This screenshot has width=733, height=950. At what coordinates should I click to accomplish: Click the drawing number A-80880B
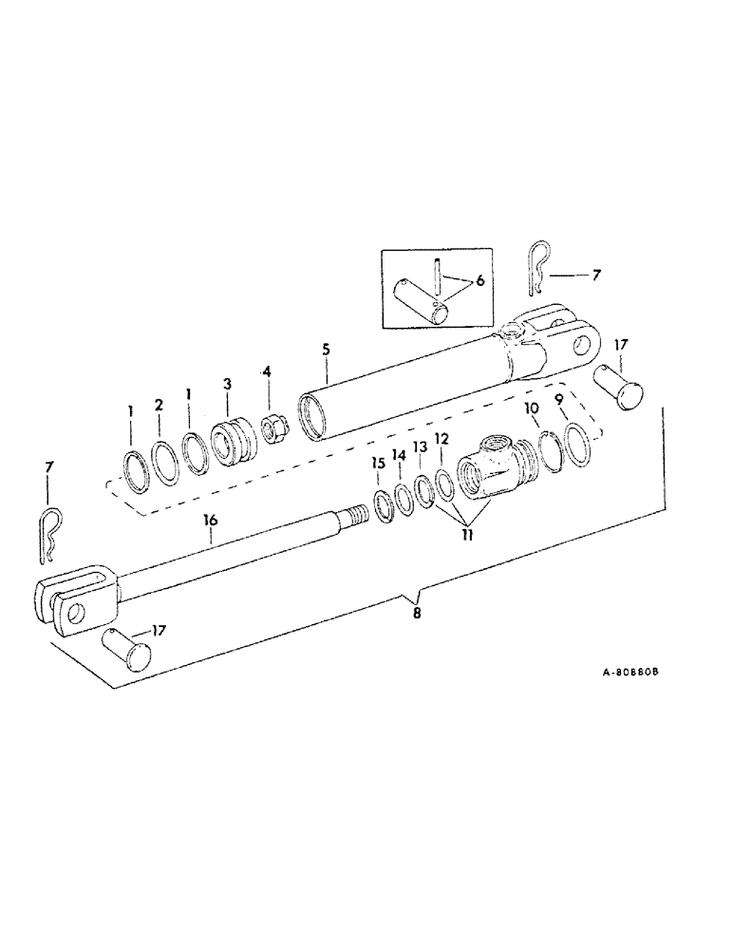(630, 670)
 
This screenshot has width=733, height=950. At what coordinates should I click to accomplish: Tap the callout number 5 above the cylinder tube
(325, 350)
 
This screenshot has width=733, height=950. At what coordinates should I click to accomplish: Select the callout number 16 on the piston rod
(210, 520)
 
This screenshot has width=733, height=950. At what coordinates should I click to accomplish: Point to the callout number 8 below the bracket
(415, 614)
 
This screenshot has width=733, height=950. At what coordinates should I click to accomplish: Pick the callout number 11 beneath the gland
(465, 535)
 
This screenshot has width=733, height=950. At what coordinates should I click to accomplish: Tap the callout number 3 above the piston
(227, 383)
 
